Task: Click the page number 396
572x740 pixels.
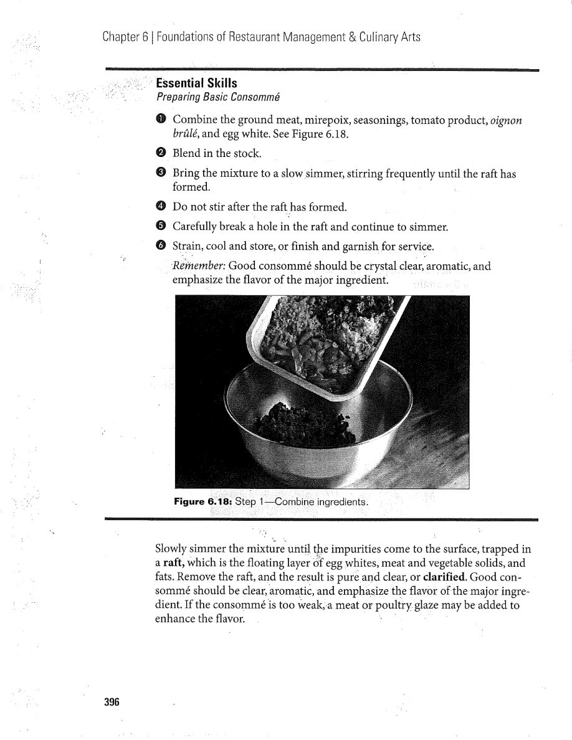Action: (112, 702)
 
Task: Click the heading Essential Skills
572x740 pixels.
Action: (196, 83)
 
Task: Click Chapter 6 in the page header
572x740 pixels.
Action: (125, 37)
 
